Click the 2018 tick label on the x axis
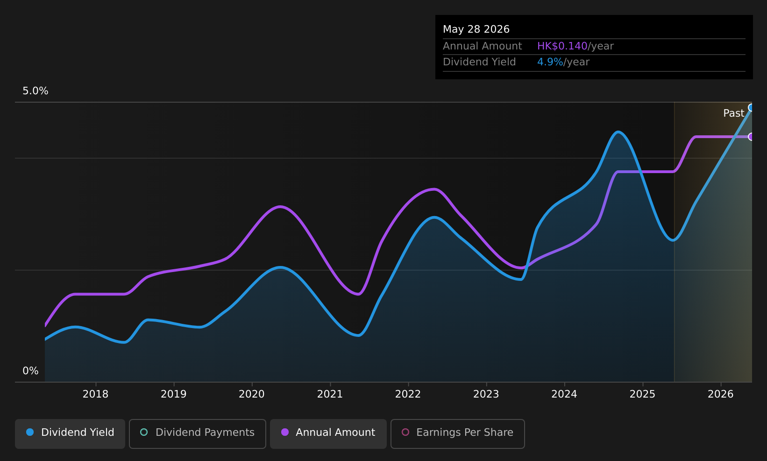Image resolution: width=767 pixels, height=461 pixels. (96, 394)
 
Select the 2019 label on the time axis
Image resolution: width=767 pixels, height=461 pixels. (174, 394)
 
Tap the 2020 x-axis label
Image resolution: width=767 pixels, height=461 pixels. (252, 394)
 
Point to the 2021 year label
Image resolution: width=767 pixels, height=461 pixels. (330, 394)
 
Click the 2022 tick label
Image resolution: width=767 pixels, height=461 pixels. (408, 394)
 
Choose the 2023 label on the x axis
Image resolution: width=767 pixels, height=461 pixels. (486, 394)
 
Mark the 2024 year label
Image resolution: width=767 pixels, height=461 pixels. (564, 394)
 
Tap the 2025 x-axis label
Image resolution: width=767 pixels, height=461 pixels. (643, 394)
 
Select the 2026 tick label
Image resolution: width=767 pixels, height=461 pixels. (721, 394)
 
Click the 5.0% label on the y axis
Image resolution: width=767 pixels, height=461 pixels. (36, 91)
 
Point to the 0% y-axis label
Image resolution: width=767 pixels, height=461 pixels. (30, 371)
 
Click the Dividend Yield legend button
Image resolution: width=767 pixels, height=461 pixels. (70, 433)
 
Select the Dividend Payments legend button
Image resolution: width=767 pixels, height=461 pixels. (198, 433)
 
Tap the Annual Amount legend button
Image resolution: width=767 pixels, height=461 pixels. (328, 433)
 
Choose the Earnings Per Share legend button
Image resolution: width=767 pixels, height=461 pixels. (458, 433)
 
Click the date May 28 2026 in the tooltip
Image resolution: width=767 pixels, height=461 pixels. (476, 29)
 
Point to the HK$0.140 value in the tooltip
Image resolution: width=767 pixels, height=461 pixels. (562, 46)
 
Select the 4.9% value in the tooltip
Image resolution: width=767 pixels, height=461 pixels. (550, 62)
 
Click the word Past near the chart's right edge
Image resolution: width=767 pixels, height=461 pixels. (733, 113)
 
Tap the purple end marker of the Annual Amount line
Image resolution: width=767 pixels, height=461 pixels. (751, 137)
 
